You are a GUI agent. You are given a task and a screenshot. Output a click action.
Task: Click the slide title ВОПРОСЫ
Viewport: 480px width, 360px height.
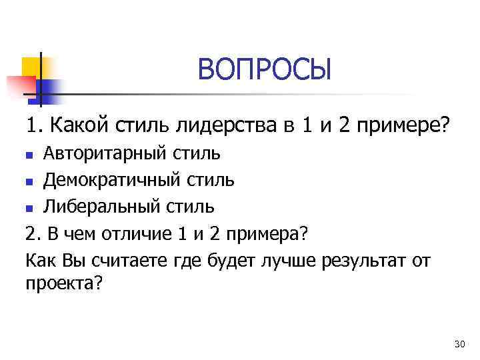pyautogui.click(x=264, y=69)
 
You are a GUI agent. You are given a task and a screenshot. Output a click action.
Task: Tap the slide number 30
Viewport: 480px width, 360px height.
pyautogui.click(x=458, y=344)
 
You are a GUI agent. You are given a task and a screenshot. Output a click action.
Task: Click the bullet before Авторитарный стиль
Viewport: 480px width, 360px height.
pyautogui.click(x=29, y=156)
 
